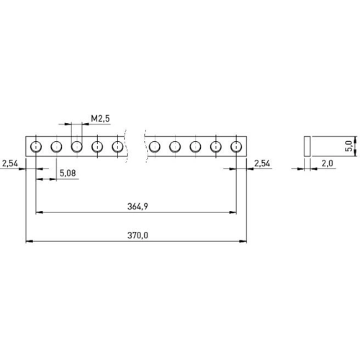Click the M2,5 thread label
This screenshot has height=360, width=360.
pos(100,118)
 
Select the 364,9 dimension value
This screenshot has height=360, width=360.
pos(138,207)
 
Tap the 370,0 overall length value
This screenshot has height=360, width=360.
pos(138,235)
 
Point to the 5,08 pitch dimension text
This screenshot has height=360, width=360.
pos(68,173)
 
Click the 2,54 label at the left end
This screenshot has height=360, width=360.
pos(10,163)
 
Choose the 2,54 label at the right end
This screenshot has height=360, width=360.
pos(262,163)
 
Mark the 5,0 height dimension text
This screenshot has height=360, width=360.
pos(349,146)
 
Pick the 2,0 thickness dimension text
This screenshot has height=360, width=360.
pos(328,163)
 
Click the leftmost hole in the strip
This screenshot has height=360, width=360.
pos(36,146)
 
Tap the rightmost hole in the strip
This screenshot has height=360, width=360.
pos(236,146)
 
